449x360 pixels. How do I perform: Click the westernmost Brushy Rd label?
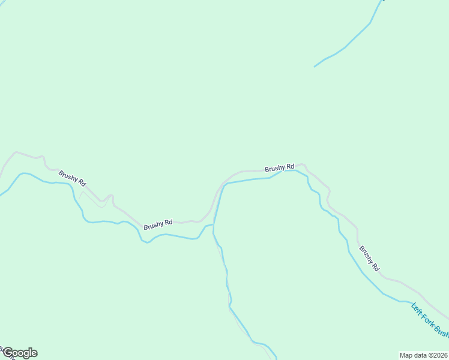(x=72, y=178)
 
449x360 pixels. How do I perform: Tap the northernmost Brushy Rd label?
(x=280, y=167)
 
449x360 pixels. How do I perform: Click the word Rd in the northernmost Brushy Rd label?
(x=289, y=166)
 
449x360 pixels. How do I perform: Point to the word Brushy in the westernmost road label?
(x=68, y=176)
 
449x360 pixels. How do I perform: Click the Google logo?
(x=20, y=353)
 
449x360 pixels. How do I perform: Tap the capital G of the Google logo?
(x=8, y=353)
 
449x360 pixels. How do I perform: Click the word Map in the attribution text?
(x=406, y=355)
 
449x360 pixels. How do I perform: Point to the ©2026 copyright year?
(x=439, y=355)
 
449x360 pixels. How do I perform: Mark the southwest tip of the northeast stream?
(x=315, y=66)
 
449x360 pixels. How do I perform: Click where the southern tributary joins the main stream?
(x=214, y=226)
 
